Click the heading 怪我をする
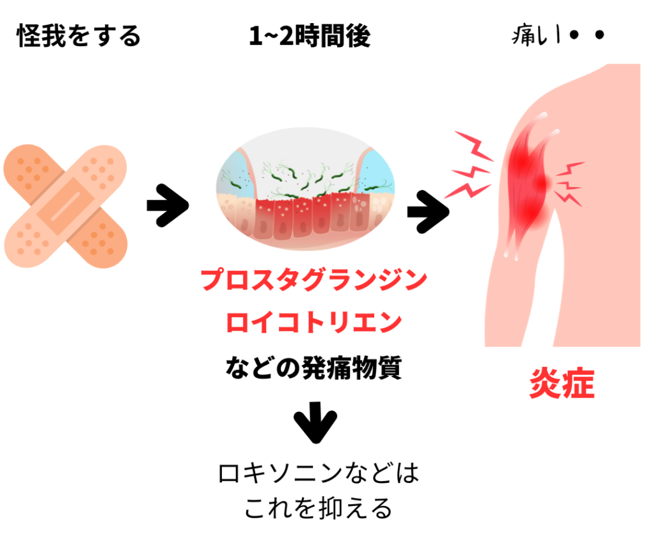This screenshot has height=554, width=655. coord(79,37)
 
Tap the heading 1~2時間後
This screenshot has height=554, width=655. coord(310,37)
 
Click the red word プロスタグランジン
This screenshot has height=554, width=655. coord(313,280)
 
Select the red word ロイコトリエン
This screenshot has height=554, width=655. coord(313,323)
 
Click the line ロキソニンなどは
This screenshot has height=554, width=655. coord(318,475)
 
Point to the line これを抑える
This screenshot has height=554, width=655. coord(318,509)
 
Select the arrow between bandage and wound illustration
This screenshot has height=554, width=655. coord(168,206)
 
